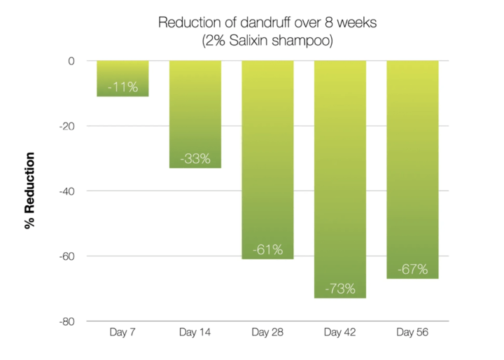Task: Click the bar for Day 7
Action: (x=122, y=78)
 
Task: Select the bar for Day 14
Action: (x=195, y=114)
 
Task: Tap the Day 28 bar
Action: (x=267, y=160)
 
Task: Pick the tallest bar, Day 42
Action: (x=340, y=179)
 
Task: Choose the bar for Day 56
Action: (x=413, y=169)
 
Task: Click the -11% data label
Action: (x=122, y=87)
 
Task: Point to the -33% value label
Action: (x=195, y=158)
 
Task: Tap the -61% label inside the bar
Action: (x=267, y=249)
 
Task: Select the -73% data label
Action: (x=340, y=289)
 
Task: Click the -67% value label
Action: (x=413, y=269)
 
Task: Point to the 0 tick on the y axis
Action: (x=71, y=61)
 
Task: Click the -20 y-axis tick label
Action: (x=67, y=126)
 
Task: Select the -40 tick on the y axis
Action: (x=67, y=191)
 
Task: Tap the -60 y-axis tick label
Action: (x=67, y=256)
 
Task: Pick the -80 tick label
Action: (x=67, y=321)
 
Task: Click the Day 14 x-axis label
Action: (x=195, y=332)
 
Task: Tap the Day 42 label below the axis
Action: (x=339, y=332)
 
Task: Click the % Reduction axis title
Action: (x=29, y=191)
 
